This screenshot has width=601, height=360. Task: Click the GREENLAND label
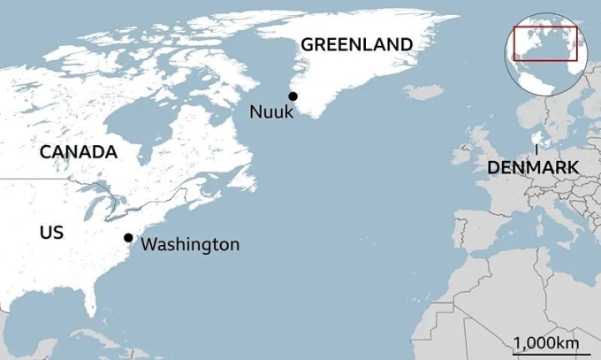357,44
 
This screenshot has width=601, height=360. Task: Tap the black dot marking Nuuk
293,96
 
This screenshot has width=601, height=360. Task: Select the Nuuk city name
270,111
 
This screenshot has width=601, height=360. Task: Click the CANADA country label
79,152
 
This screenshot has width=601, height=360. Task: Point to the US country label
52,233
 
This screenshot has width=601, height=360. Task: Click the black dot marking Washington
128,237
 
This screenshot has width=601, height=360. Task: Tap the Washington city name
190,244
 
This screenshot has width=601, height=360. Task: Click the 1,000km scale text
546,342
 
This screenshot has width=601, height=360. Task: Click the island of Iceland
422,92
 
